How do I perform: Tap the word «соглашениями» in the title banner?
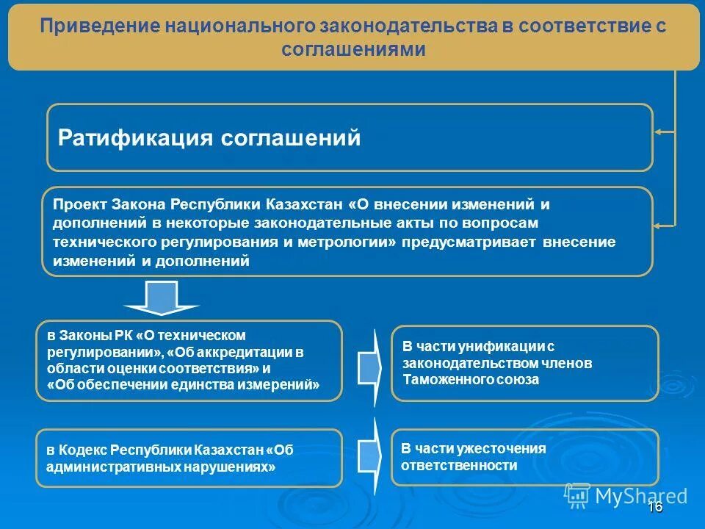click(x=353, y=49)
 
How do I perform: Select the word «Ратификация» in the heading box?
click(x=136, y=138)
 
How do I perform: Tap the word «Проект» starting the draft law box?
click(x=80, y=204)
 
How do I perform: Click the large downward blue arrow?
click(x=161, y=298)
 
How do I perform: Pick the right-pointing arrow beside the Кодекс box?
click(x=369, y=456)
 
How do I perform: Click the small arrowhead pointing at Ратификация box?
click(x=658, y=132)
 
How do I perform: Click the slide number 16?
click(x=655, y=508)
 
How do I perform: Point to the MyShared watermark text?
click(x=640, y=495)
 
